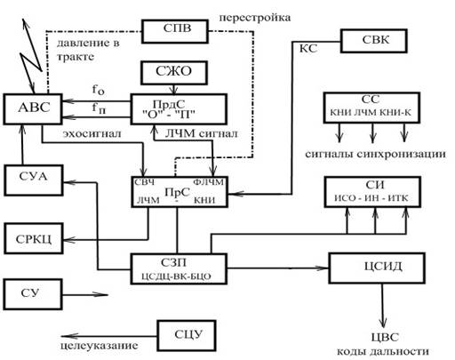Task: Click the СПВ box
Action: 175,31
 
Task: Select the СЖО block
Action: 174,73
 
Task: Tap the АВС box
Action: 33,109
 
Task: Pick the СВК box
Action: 374,41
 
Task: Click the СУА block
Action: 34,180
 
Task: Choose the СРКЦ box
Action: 34,238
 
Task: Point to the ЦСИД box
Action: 377,268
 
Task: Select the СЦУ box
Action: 187,336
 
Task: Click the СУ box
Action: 33,294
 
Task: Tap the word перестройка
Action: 255,18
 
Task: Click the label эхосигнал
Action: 92,134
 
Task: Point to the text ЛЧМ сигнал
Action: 202,133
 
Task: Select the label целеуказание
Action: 100,346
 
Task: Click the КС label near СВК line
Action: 308,48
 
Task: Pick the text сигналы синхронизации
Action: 375,154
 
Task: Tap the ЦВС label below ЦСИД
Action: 385,337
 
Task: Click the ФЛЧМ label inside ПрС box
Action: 208,182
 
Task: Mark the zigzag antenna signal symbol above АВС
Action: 32,56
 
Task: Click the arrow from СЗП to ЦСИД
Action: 278,268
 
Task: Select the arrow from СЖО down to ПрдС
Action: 174,90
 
